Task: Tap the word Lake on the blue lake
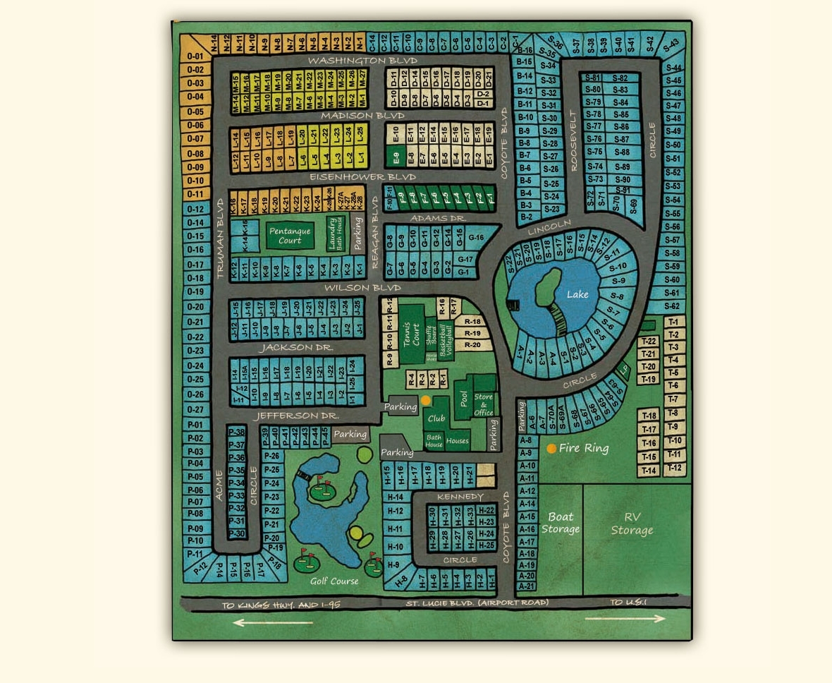577,294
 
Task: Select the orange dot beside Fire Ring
551,449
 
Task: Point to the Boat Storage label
561,523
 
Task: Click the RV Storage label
632,524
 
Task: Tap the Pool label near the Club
463,399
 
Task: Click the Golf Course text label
334,581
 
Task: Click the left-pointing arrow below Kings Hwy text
272,622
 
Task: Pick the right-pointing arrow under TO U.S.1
625,619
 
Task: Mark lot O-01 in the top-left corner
195,56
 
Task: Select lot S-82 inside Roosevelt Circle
620,78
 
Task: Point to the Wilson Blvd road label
362,288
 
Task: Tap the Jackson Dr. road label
295,348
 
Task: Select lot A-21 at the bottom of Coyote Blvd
527,586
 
